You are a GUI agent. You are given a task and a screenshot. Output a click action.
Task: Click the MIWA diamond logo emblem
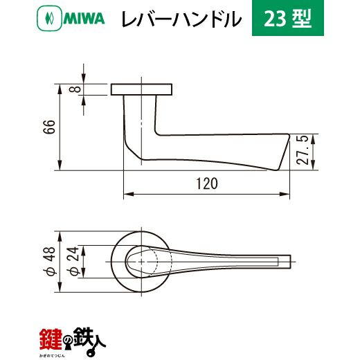click(x=49, y=18)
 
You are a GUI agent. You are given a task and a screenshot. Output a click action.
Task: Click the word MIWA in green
click(x=84, y=19)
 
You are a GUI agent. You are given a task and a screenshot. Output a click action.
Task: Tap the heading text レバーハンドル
click(x=181, y=19)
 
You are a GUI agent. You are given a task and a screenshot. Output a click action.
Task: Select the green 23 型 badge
click(x=288, y=18)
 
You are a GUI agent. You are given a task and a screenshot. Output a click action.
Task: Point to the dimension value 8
click(x=75, y=89)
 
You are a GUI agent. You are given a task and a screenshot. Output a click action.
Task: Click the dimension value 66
click(x=50, y=127)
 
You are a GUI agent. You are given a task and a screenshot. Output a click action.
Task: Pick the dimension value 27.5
click(x=303, y=150)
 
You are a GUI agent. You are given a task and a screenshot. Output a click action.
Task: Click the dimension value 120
click(x=207, y=183)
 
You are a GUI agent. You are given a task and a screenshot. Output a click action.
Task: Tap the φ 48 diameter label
click(x=50, y=262)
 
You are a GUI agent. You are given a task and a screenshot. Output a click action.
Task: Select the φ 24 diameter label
click(x=73, y=262)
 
